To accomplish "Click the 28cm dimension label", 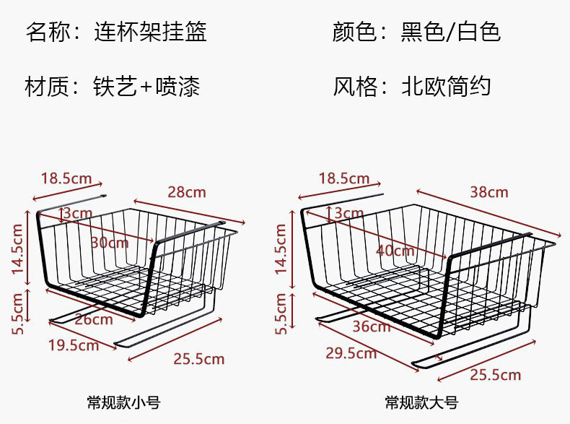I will tap(186, 192).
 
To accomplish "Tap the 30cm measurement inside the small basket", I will tap(110, 243).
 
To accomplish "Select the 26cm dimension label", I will tap(94, 319).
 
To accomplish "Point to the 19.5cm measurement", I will tap(74, 345).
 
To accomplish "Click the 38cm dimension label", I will tap(488, 192).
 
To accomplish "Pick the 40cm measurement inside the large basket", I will tap(395, 251).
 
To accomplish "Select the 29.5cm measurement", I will tap(351, 352).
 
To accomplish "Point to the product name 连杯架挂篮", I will tap(150, 33).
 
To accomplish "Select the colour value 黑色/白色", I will tap(450, 33).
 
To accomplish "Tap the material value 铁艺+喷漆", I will tap(146, 87).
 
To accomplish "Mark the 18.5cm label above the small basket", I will tap(65, 178).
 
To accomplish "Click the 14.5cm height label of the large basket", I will tap(281, 249).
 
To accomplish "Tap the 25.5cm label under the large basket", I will tap(495, 374).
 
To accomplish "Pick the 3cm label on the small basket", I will tap(77, 213).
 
